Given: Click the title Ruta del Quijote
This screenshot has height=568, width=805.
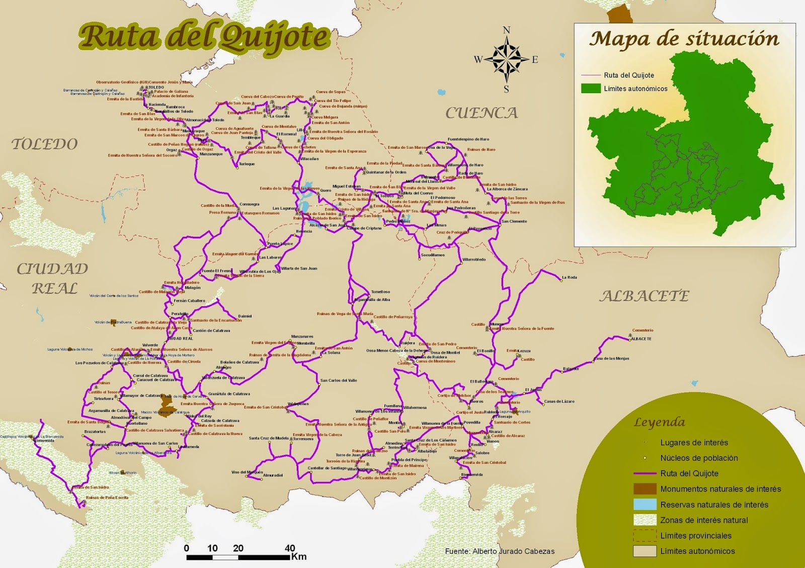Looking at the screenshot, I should (x=204, y=38).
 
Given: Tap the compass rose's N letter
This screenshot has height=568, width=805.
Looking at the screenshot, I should (x=506, y=30).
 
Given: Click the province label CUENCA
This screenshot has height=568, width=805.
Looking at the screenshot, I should (x=481, y=113).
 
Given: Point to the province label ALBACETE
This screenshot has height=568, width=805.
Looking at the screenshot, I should (x=644, y=296).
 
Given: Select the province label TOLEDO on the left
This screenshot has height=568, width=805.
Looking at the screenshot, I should (x=45, y=144).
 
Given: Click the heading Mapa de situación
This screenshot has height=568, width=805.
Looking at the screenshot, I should (x=684, y=39).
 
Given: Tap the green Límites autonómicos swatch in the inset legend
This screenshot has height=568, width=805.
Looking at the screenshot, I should (x=591, y=88).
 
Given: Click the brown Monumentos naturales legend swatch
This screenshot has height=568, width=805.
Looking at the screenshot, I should (x=645, y=489).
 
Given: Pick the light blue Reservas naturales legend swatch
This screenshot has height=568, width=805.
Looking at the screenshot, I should (x=645, y=504).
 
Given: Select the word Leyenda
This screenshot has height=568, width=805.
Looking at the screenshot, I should (x=659, y=422).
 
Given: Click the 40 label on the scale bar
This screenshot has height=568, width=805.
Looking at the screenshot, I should (x=290, y=548).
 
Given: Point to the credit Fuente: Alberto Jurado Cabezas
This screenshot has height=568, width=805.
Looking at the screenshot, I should (x=499, y=551).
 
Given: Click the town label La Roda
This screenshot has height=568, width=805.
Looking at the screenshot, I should (x=569, y=277).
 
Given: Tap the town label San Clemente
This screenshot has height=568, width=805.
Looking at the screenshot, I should (x=514, y=221).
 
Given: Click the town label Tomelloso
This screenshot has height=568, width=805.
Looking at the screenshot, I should (x=380, y=292).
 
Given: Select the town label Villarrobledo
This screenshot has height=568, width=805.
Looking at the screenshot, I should (x=474, y=260).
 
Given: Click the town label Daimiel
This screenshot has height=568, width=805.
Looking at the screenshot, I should (x=245, y=316).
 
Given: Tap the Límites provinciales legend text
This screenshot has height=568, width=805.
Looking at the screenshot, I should (x=696, y=536).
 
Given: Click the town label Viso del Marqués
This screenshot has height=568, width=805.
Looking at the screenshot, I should (x=247, y=472).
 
